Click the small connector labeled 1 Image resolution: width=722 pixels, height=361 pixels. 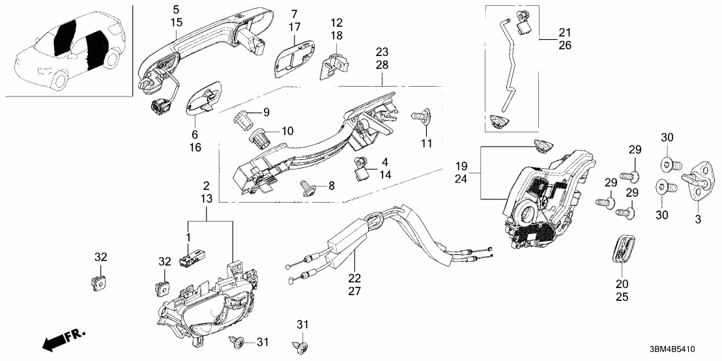coord(193,258)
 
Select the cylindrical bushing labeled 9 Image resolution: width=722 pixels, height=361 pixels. coord(244,119)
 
